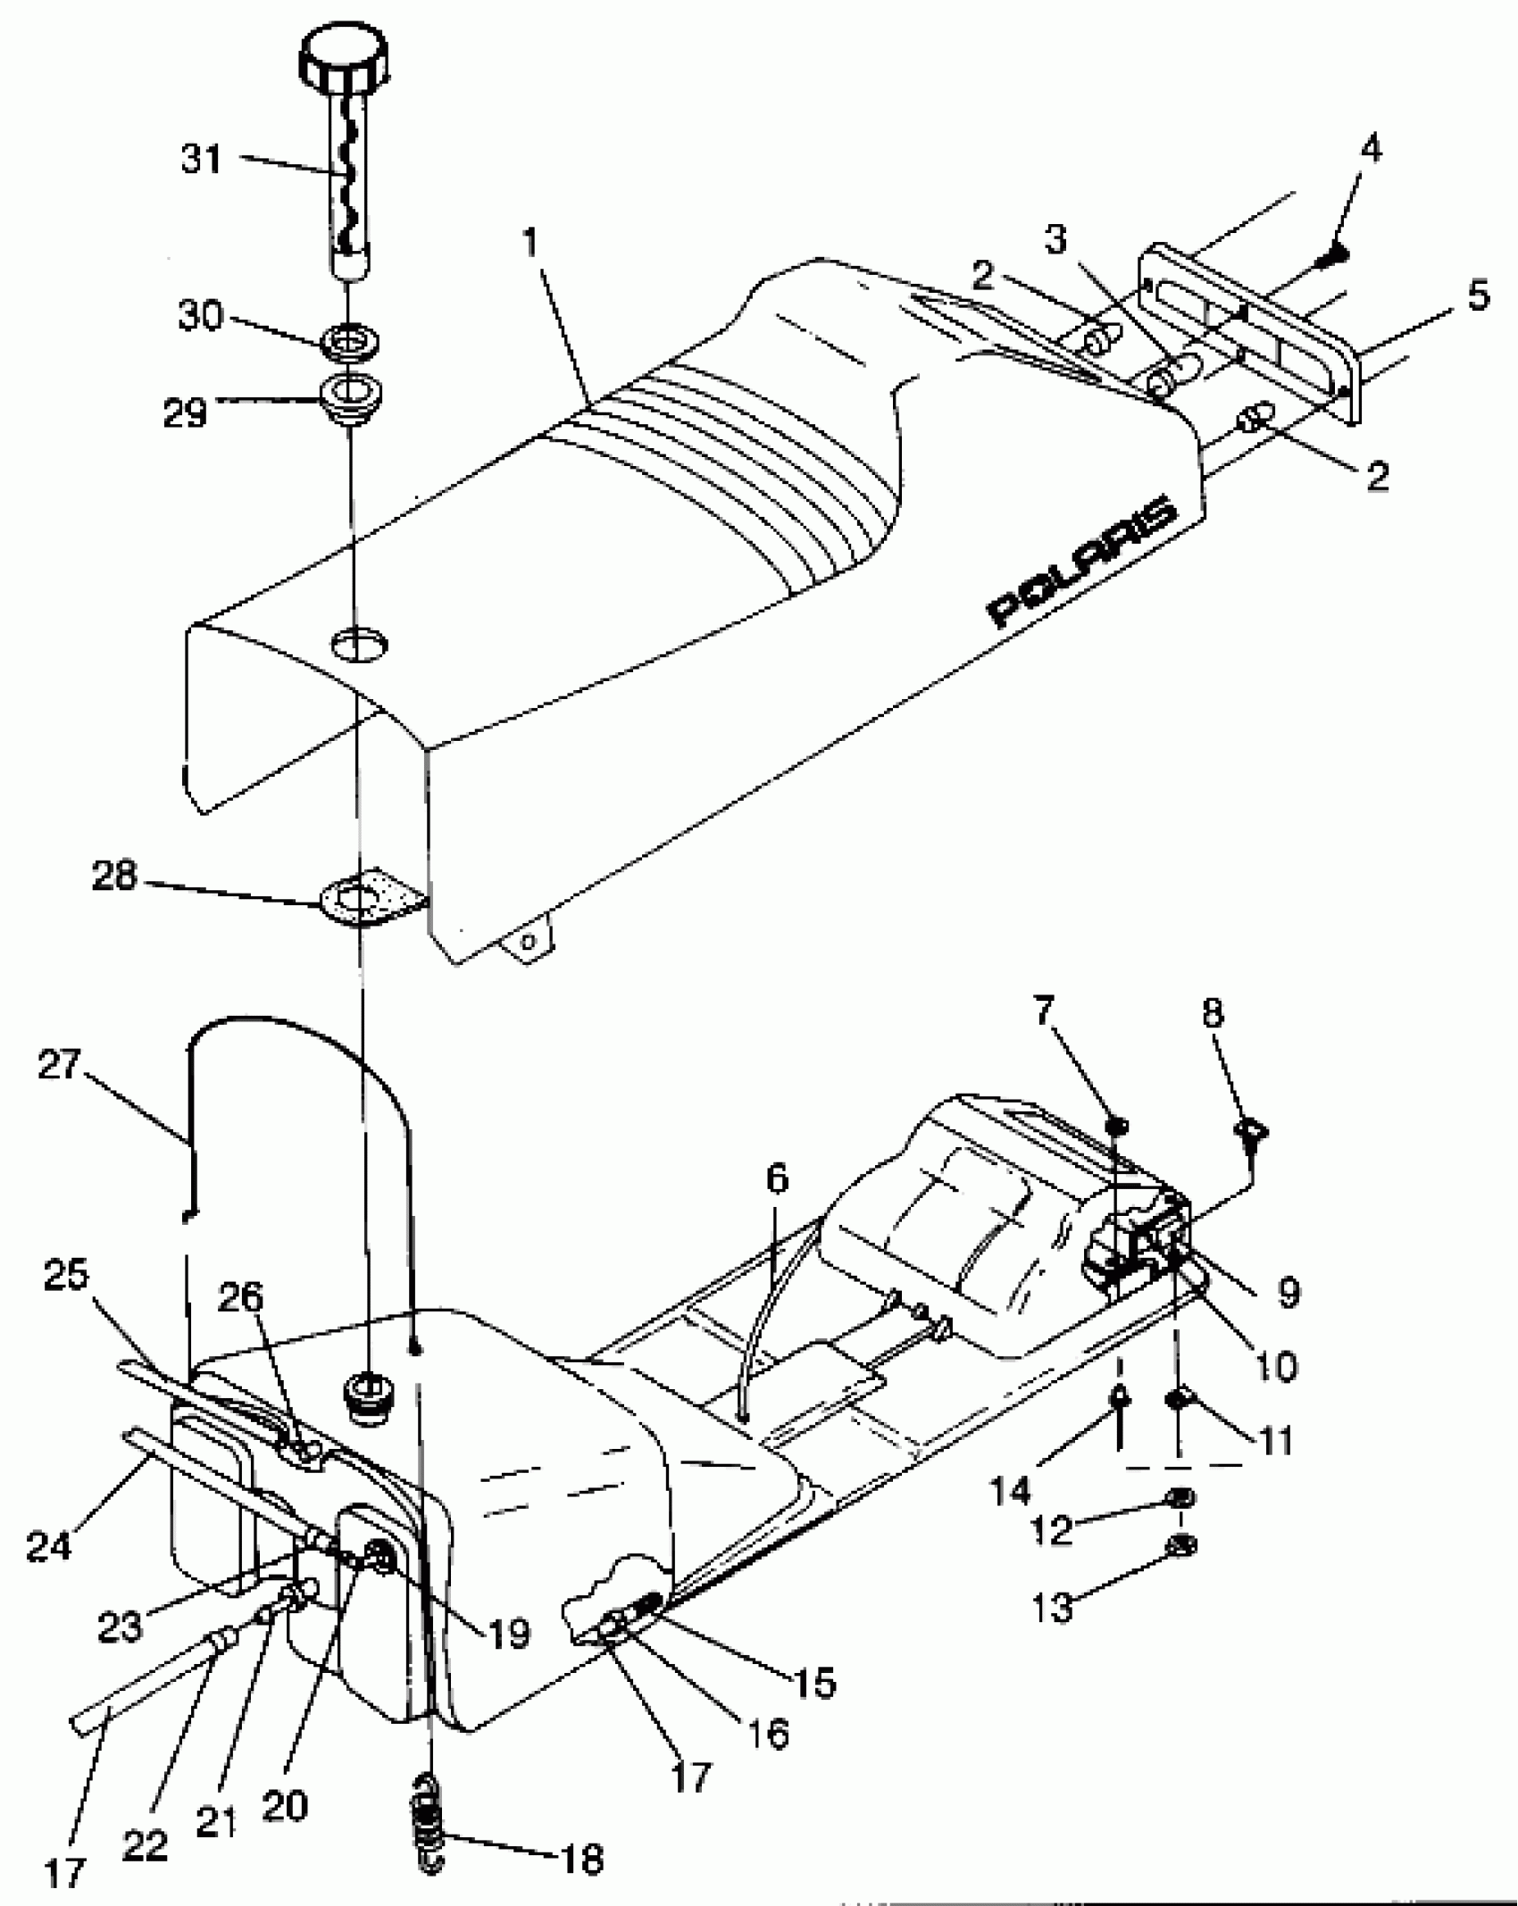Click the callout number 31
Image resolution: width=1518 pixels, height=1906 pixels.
click(200, 162)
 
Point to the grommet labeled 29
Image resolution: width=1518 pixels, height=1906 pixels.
click(352, 393)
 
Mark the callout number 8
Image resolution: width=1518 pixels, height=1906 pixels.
click(1213, 1014)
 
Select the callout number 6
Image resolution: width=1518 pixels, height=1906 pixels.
click(777, 1180)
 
